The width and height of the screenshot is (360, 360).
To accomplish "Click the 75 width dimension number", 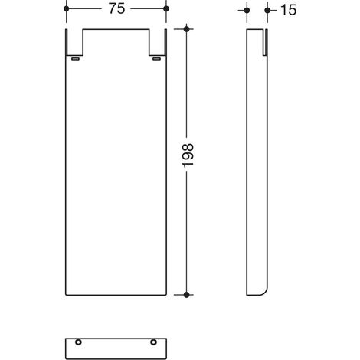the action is point(117,8).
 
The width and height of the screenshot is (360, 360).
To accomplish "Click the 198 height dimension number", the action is point(188,155).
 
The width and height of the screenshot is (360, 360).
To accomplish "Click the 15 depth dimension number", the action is point(289,10).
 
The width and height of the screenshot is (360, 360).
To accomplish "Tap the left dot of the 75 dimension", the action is point(67,9).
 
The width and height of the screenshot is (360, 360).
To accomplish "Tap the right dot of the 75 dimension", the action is point(166,9).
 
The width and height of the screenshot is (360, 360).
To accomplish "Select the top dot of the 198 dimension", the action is point(187,29).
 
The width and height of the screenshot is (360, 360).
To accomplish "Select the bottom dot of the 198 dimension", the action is point(187,295).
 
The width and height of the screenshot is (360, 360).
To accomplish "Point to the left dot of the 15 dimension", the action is point(247,11).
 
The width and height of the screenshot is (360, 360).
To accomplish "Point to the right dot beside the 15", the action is point(267,11).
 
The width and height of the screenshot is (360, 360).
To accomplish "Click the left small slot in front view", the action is point(75,59).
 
